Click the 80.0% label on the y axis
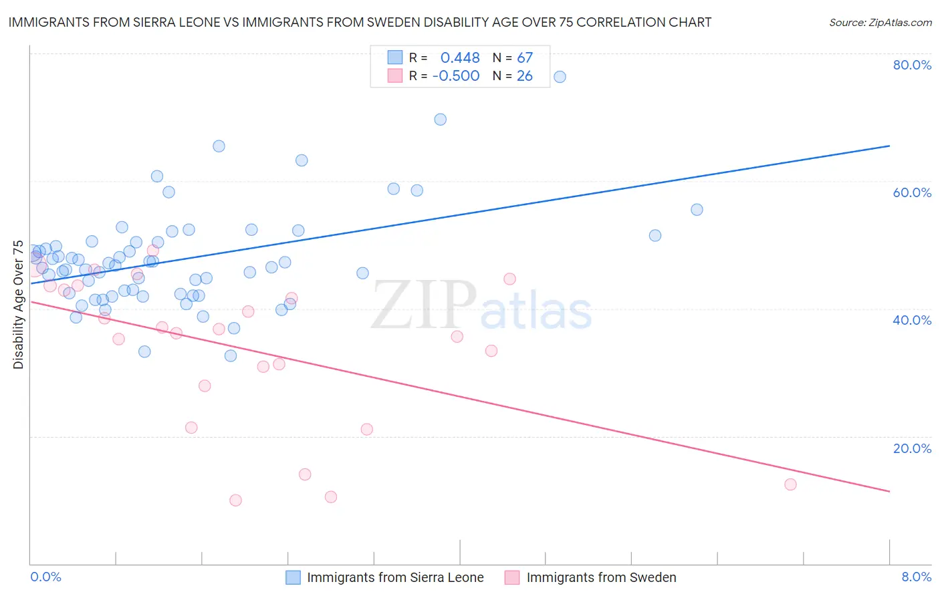pos(912,65)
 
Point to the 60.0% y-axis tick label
pos(912,192)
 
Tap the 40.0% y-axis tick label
pos(912,320)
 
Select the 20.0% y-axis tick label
pos(912,448)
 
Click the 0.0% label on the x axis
pos(45,577)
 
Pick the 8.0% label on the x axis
pos(916,577)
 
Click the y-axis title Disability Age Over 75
pos(18,305)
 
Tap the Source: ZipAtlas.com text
pos(880,23)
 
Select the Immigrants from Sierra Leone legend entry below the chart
pos(394,578)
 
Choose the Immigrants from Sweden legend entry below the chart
pos(601,578)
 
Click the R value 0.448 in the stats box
pos(460,58)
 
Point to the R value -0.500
pos(456,76)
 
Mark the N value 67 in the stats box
pos(525,58)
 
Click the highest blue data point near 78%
pos(560,77)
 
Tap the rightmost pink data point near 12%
pos(790,484)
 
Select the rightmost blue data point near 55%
pos(697,210)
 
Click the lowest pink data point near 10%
pos(235,500)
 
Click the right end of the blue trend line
pos(889,146)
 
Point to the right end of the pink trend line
pos(889,491)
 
